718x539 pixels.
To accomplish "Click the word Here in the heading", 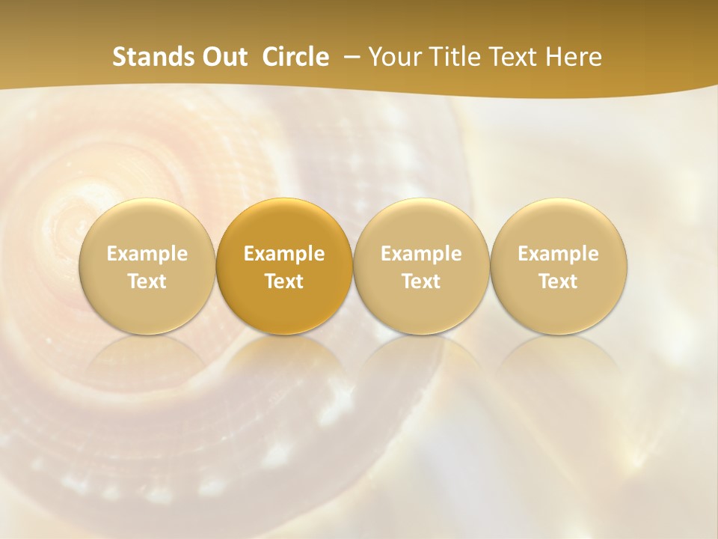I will (575, 57).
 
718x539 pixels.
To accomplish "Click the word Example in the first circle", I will (147, 254).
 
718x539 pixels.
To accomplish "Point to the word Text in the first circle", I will (147, 281).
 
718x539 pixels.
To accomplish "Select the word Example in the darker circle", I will (284, 254).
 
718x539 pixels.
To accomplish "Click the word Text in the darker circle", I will (284, 281).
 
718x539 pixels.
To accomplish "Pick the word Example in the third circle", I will (421, 254).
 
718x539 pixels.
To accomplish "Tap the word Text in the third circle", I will (421, 281).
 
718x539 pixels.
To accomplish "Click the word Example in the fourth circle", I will (558, 254).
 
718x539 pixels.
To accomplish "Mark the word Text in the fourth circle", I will (558, 281).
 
